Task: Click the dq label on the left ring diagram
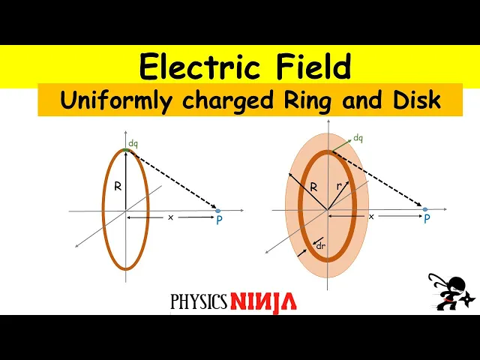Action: [133, 143]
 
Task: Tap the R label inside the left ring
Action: [118, 187]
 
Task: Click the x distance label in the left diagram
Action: [170, 217]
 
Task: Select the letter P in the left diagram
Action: [219, 220]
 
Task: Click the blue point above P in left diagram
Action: [217, 211]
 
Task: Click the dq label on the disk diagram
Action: [358, 138]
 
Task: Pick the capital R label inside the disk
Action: [314, 187]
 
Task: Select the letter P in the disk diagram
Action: [427, 219]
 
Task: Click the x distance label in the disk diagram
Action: [371, 216]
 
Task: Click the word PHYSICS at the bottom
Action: [199, 301]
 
